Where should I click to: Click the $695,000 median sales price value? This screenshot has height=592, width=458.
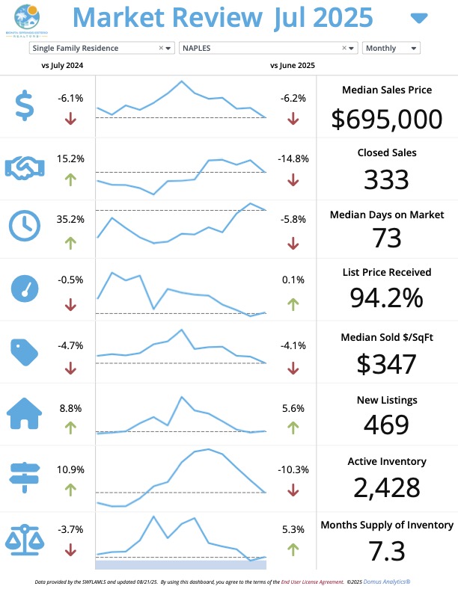coord(386,118)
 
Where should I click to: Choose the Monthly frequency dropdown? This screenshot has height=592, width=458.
coord(391,48)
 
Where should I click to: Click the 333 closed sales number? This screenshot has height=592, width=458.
coord(386,179)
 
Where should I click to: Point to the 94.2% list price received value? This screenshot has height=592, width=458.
coord(386,297)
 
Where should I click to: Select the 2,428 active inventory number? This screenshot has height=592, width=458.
coord(386,487)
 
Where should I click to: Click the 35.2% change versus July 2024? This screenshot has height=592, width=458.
coord(70,220)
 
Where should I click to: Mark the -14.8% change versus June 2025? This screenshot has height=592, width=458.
coord(292,158)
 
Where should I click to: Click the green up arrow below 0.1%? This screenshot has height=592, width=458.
coord(293,304)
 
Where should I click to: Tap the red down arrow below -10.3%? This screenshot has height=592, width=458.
coord(293,490)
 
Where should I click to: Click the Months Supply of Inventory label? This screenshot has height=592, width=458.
coord(386,525)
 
